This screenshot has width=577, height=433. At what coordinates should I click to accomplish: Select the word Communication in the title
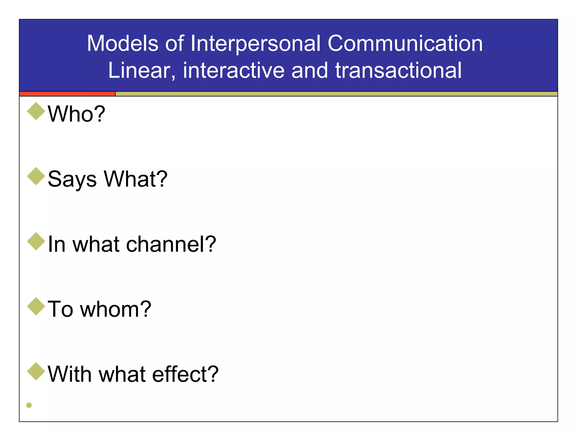(x=405, y=43)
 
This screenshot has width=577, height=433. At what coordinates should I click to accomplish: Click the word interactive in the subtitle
(x=234, y=70)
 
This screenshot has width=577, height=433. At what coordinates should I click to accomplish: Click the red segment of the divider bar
(x=67, y=94)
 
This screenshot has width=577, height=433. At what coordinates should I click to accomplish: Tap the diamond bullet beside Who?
(x=36, y=111)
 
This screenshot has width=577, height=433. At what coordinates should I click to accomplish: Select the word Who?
(x=76, y=114)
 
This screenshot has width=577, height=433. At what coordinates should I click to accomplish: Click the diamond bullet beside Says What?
(x=36, y=176)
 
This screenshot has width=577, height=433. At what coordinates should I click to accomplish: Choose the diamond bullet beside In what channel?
(x=36, y=242)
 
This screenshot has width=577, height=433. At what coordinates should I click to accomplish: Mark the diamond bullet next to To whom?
(x=36, y=306)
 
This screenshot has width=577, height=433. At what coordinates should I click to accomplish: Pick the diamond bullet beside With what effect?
(x=36, y=372)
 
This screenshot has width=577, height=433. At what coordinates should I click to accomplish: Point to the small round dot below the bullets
(x=29, y=405)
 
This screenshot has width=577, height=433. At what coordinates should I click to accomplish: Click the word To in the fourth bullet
(x=60, y=309)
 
